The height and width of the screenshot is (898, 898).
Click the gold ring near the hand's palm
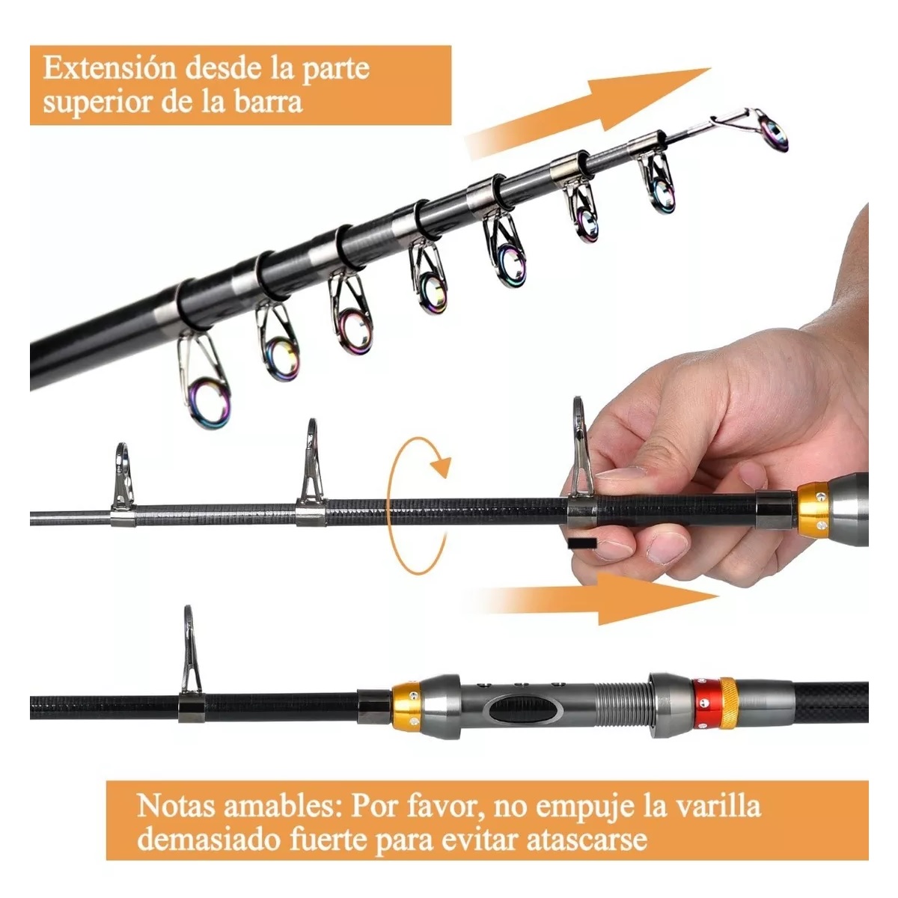coord(814,510)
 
